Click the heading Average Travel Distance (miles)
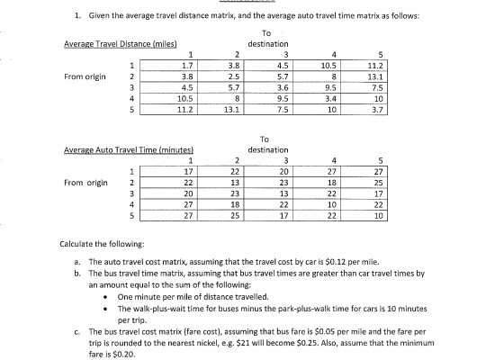coord(121,45)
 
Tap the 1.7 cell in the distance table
coord(186,65)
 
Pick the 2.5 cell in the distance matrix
coord(233,76)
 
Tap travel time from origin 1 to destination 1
coord(186,170)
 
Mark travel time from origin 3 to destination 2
coord(233,193)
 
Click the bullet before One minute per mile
coord(108,294)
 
